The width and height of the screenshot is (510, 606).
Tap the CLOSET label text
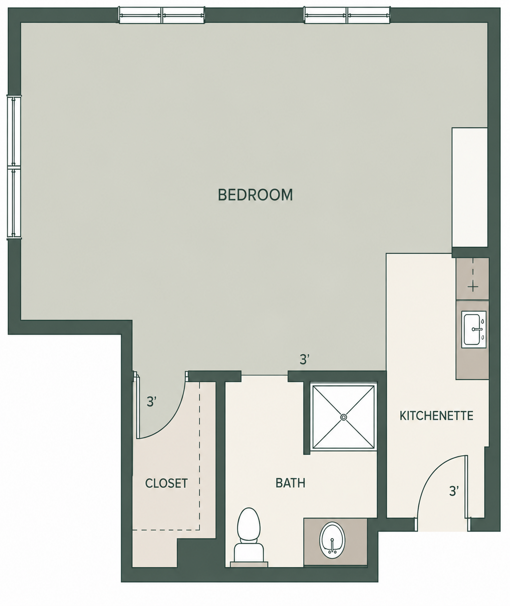tap(166, 483)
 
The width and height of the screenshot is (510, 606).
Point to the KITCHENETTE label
tap(436, 416)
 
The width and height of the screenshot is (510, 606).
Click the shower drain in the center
tap(344, 417)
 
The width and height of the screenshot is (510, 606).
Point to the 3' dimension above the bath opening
tap(305, 360)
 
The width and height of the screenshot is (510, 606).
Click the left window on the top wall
tap(162, 15)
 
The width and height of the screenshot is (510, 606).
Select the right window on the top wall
tap(347, 15)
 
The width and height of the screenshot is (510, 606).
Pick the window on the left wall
tap(14, 167)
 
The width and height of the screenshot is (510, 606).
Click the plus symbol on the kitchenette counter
tap(473, 287)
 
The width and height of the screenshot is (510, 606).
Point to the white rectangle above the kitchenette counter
tap(469, 187)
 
